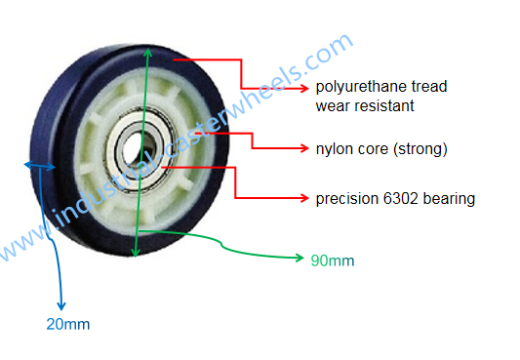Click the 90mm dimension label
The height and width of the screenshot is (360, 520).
333,260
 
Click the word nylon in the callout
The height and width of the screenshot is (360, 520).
333,149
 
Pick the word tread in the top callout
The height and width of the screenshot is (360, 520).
426,87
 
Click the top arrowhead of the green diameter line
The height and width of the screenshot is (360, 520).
147,48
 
